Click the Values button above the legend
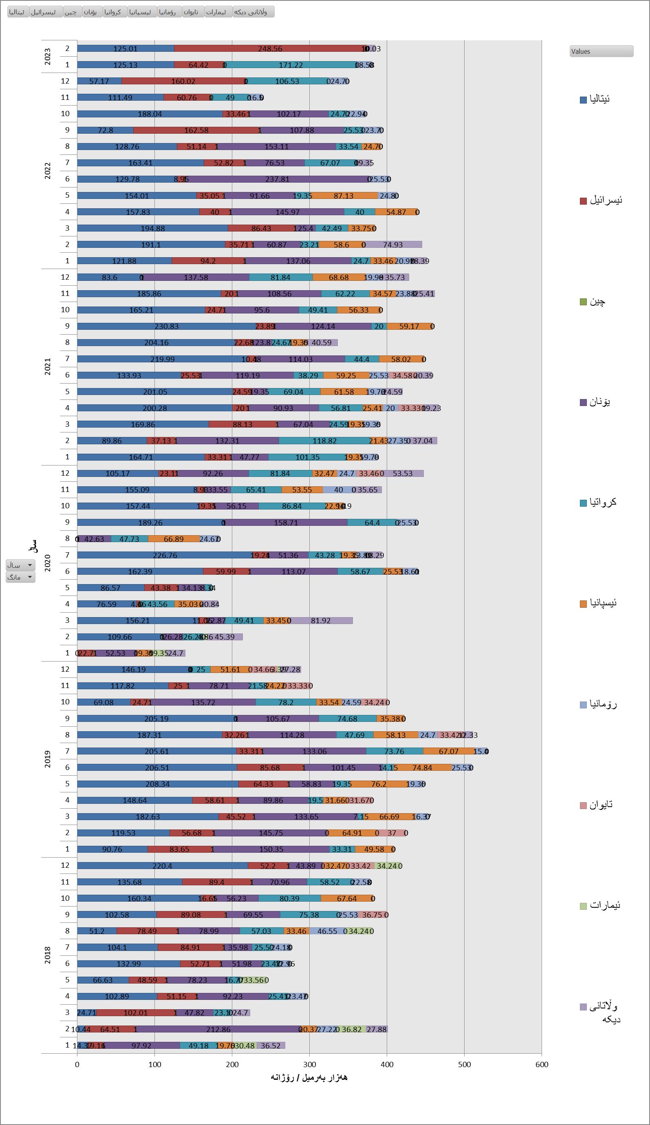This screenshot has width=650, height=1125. pyautogui.click(x=601, y=51)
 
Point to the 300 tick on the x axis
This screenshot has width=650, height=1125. pyautogui.click(x=309, y=1064)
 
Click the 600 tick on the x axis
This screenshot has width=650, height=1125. pyautogui.click(x=542, y=1064)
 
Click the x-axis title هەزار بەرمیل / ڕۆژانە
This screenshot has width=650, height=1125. pyautogui.click(x=309, y=1078)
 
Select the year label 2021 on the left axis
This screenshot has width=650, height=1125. pyautogui.click(x=47, y=366)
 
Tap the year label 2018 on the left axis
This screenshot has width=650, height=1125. pyautogui.click(x=47, y=955)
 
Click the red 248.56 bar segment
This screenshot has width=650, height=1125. pyautogui.click(x=270, y=48)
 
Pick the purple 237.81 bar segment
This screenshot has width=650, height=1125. pyautogui.click(x=277, y=179)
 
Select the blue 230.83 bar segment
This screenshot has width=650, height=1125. pyautogui.click(x=166, y=326)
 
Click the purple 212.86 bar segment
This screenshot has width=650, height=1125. pyautogui.click(x=218, y=1029)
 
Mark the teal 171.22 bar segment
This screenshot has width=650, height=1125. pyautogui.click(x=291, y=65)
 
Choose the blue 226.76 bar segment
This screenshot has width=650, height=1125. pyautogui.click(x=165, y=555)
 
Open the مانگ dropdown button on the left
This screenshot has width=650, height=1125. pyautogui.click(x=20, y=577)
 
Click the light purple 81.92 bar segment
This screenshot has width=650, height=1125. pyautogui.click(x=321, y=620)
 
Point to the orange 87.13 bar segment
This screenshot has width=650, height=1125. pyautogui.click(x=344, y=196)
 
